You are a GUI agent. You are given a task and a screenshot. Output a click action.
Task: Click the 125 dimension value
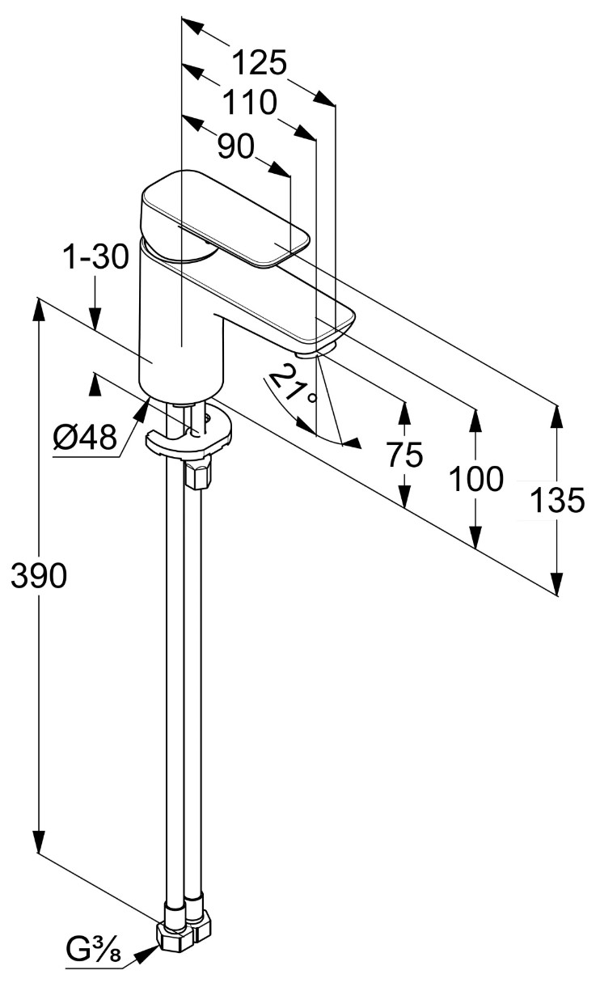click(260, 63)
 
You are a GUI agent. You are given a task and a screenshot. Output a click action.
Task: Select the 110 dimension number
click(250, 104)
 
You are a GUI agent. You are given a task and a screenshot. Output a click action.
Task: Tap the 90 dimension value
click(236, 146)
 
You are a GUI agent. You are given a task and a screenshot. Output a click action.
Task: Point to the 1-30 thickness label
click(95, 258)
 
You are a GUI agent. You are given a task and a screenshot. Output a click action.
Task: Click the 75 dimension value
click(404, 456)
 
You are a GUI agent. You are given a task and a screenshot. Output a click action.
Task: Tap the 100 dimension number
click(475, 480)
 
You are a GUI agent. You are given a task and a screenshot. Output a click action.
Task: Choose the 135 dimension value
click(556, 502)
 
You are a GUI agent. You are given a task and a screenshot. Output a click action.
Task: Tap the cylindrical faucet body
click(180, 324)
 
